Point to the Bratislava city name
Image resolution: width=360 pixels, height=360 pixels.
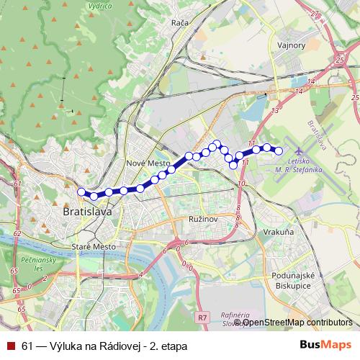pos(87,213)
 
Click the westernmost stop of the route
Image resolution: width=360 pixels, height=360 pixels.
pos(81,192)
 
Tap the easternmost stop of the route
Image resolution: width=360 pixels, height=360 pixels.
pos(279,150)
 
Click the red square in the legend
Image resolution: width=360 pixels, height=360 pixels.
pos(11,346)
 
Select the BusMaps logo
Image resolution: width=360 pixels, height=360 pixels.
pos(325,346)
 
